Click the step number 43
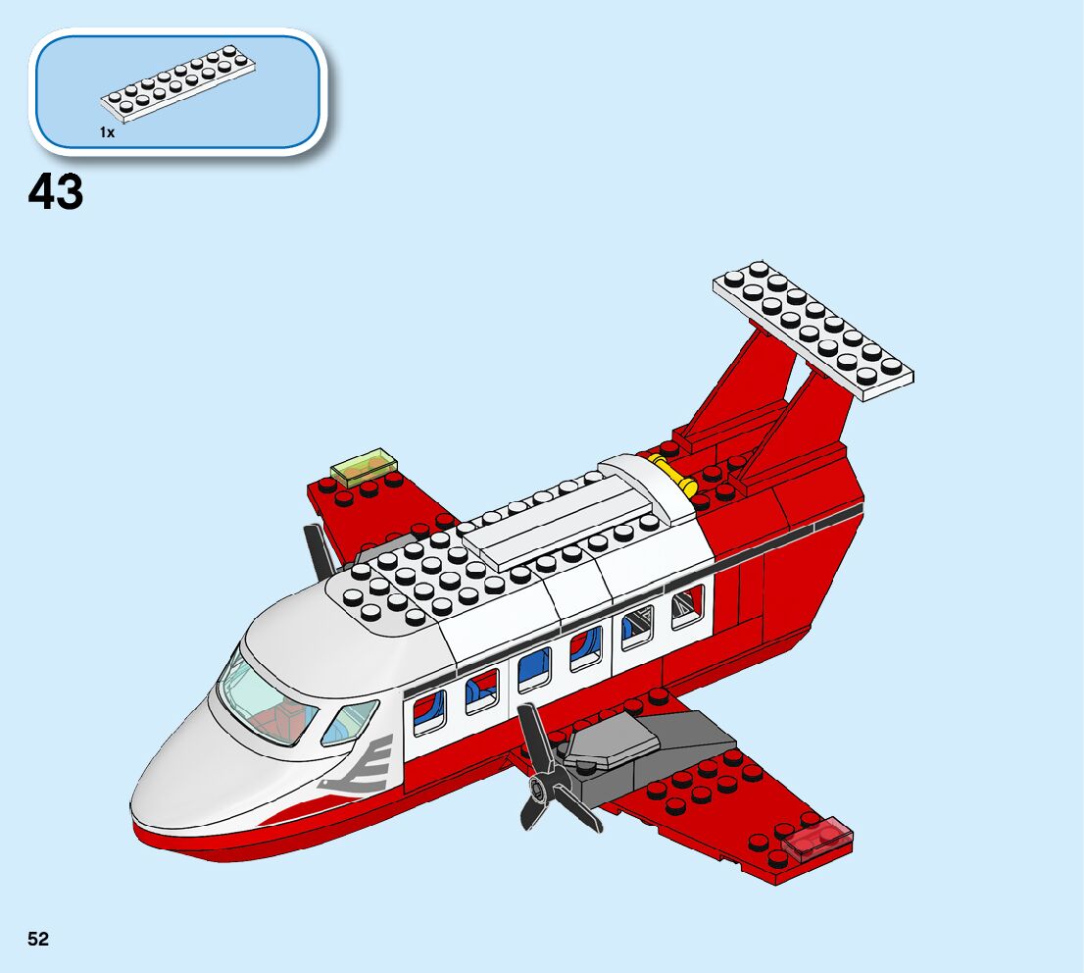pyautogui.click(x=56, y=192)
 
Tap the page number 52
pyautogui.click(x=38, y=940)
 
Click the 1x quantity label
pyautogui.click(x=107, y=131)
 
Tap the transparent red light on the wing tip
pyautogui.click(x=815, y=837)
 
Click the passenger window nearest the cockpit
pyautogui.click(x=429, y=710)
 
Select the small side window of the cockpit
pyautogui.click(x=350, y=722)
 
